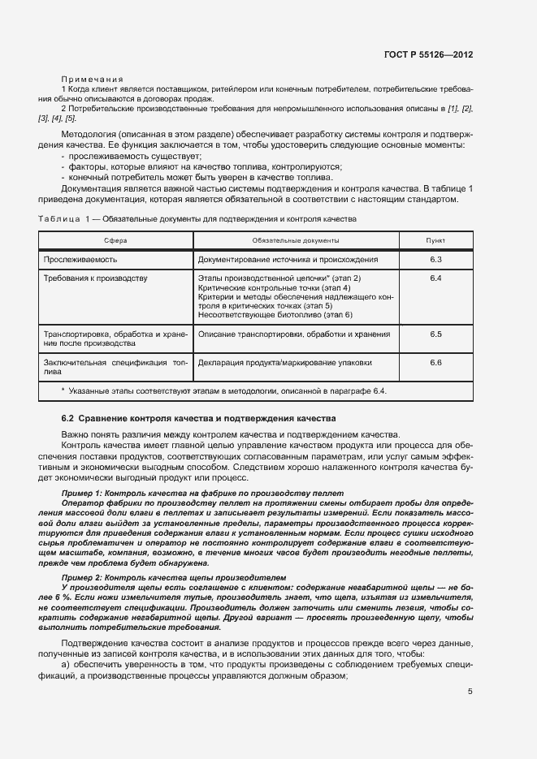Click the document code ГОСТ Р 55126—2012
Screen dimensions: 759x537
[428, 55]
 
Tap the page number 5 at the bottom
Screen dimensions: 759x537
[470, 692]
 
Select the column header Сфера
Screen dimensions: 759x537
[115, 241]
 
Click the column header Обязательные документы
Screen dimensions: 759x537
[296, 241]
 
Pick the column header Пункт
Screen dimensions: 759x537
[435, 241]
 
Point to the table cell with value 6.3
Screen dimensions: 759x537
[435, 259]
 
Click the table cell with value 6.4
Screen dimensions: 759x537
[435, 278]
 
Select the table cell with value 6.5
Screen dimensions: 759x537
[435, 334]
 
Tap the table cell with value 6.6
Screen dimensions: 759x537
[435, 362]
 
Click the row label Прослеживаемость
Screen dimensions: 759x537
[80, 259]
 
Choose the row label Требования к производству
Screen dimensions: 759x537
[95, 278]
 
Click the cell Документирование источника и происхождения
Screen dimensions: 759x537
[288, 259]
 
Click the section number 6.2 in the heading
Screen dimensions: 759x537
[68, 418]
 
